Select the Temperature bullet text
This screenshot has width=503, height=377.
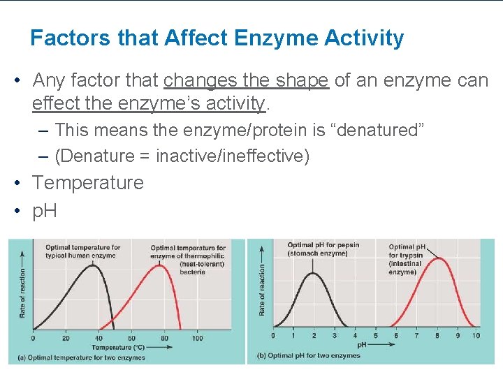pyautogui.click(x=88, y=183)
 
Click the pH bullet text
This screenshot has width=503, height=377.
pyautogui.click(x=45, y=212)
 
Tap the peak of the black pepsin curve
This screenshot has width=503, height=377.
pyautogui.click(x=313, y=273)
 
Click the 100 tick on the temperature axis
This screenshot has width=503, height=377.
pyautogui.click(x=197, y=339)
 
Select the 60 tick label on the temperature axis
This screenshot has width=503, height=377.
pyautogui.click(x=132, y=339)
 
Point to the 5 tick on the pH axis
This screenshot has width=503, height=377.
pyautogui.click(x=375, y=336)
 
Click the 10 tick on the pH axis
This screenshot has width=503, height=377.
pyautogui.click(x=476, y=336)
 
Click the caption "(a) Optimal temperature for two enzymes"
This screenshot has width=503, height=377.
pyautogui.click(x=82, y=357)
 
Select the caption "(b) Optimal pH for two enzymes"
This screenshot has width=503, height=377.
pyautogui.click(x=309, y=355)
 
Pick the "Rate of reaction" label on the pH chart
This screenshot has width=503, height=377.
pyautogui.click(x=263, y=289)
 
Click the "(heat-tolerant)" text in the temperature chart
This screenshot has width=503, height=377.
pyautogui.click(x=202, y=264)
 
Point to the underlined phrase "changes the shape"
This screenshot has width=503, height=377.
pyautogui.click(x=246, y=80)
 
